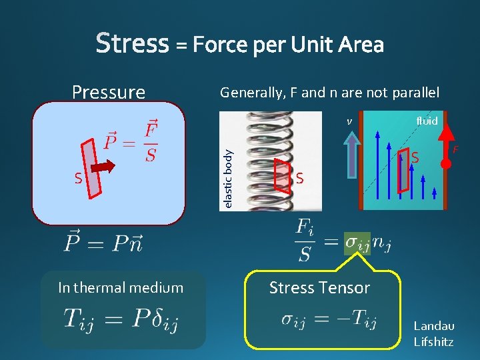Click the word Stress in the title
point(132,43)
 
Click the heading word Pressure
point(108,91)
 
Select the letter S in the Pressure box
point(78,179)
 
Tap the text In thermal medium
point(120,288)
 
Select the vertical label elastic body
point(228,178)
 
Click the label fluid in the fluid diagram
point(427,121)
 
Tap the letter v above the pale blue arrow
point(349,122)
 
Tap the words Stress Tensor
point(319,288)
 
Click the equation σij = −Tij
point(329,321)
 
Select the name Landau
point(434,326)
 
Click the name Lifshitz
point(433,342)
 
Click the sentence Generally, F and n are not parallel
point(329,93)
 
